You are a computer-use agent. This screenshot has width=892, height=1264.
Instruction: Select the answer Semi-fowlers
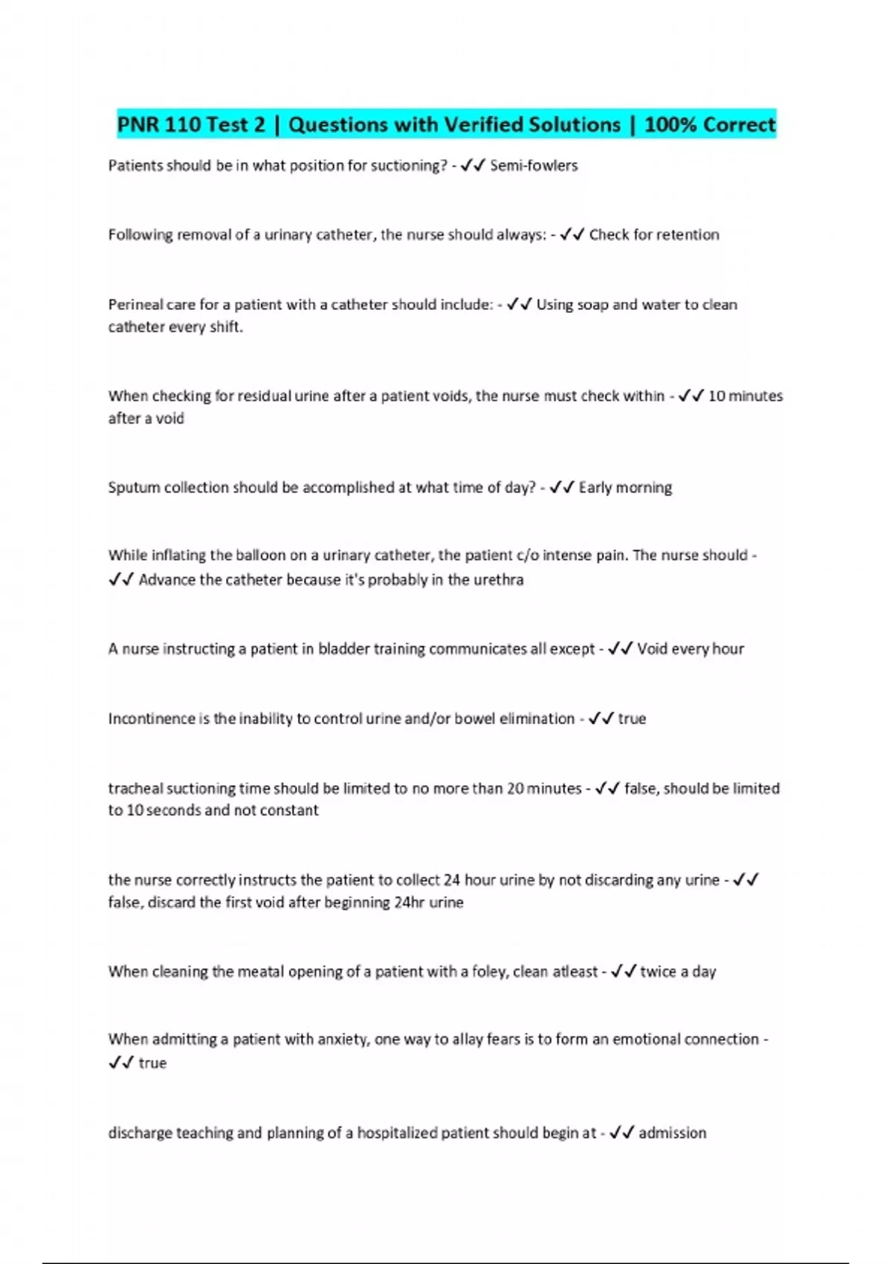534,165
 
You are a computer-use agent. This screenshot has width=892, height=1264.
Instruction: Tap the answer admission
672,1133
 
